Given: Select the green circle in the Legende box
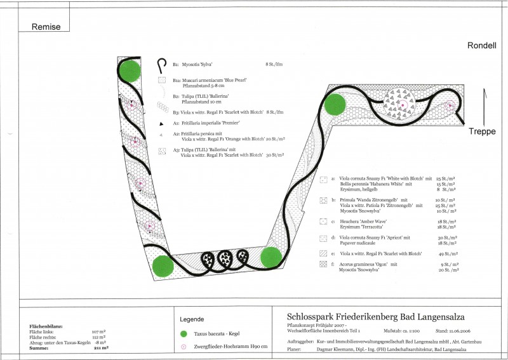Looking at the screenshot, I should click(184, 334).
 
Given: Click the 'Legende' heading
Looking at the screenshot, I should click(193, 319).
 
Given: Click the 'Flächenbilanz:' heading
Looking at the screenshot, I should click(44, 326).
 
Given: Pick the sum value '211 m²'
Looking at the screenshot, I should click(101, 347).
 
